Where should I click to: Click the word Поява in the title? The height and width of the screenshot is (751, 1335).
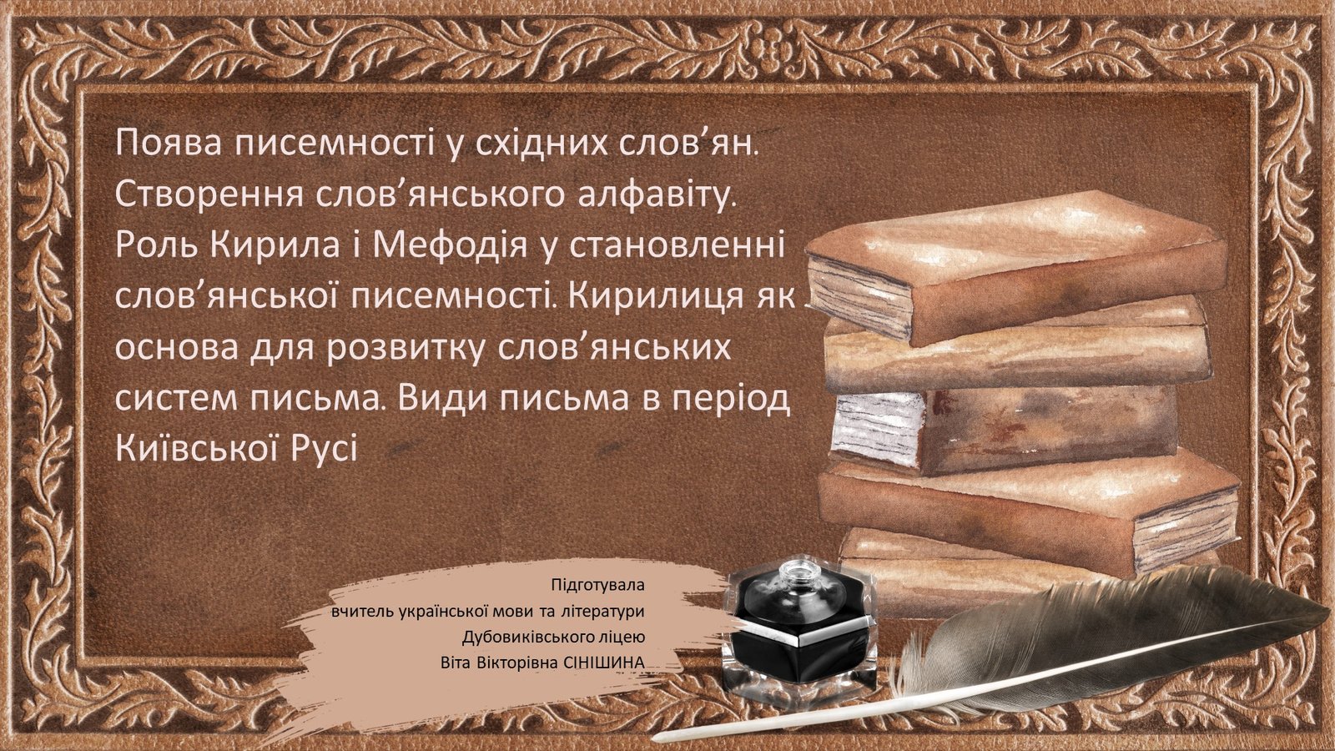tap(169, 143)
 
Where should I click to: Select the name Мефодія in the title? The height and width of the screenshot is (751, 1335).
tap(451, 245)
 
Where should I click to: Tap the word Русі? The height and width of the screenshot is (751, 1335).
tap(325, 448)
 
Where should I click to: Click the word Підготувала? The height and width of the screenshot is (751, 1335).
tap(597, 585)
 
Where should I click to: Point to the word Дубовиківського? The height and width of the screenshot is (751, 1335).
tap(530, 638)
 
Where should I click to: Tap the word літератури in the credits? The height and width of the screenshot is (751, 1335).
tap(602, 612)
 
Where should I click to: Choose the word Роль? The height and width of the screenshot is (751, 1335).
tap(156, 245)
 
